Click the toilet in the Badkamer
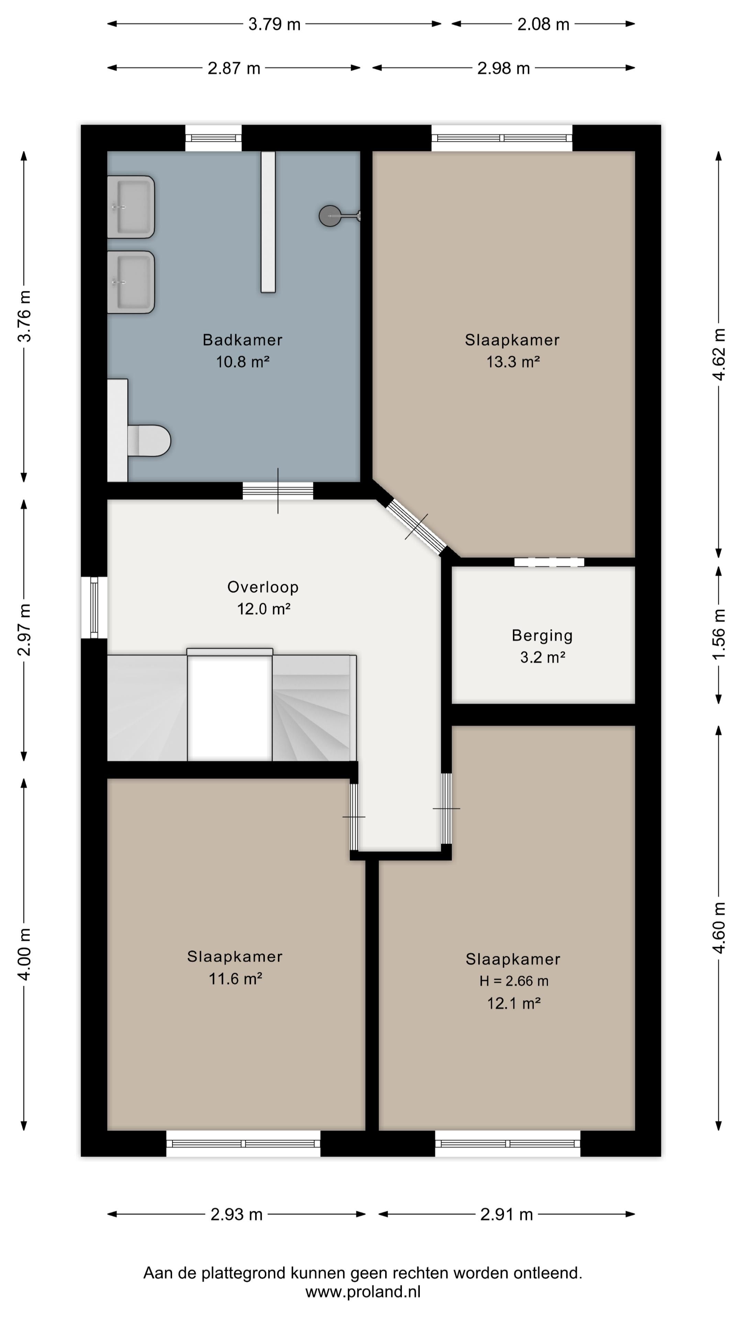coord(148,440)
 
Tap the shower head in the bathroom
coord(330,216)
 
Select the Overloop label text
coord(263,587)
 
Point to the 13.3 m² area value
coord(513,362)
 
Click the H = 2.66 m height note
coord(514,981)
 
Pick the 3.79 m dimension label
coord(274,24)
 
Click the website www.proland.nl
coord(363,1292)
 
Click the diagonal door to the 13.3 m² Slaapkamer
coord(416,527)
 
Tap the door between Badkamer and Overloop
coord(278,491)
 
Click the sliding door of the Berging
coord(549,562)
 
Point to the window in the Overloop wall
coord(94,607)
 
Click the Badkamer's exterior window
coord(213,138)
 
